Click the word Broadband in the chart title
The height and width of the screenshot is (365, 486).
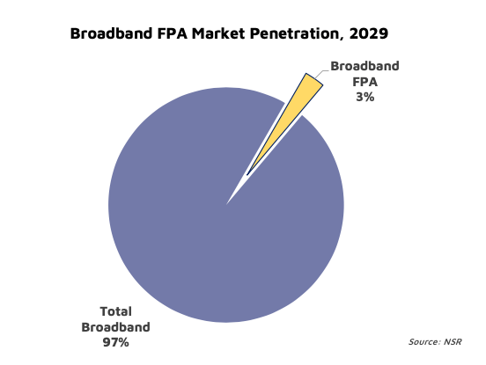(112, 33)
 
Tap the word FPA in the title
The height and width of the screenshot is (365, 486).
(172, 33)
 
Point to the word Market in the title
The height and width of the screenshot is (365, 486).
(218, 33)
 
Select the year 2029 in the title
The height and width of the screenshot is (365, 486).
(369, 33)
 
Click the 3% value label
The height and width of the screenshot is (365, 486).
(364, 98)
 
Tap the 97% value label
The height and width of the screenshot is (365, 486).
(115, 342)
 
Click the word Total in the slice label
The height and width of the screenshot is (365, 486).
(116, 311)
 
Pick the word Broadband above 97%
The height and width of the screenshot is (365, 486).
(115, 327)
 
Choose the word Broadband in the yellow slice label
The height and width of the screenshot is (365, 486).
(364, 66)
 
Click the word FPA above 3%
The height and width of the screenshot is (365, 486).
(364, 82)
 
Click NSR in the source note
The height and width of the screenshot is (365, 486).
(453, 342)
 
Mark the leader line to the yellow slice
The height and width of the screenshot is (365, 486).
(321, 74)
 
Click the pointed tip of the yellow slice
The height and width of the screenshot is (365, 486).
(247, 175)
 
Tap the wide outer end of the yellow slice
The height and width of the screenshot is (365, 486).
(314, 78)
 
